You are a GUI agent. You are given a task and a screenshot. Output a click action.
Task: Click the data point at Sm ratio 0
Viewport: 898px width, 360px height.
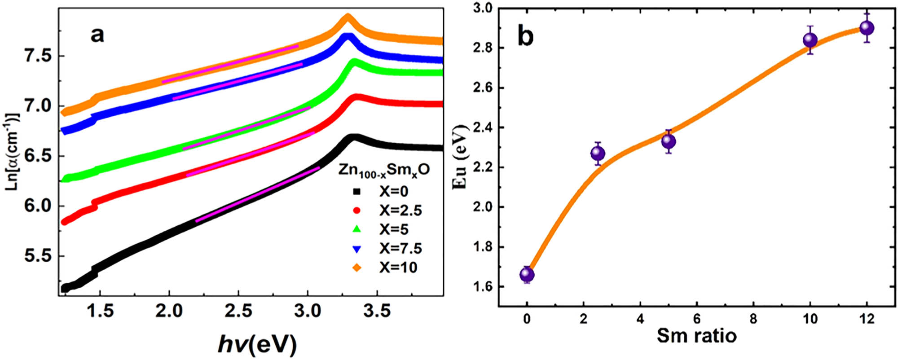(x=527, y=274)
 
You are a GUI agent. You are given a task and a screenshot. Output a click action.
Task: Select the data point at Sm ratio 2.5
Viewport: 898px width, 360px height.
(x=598, y=154)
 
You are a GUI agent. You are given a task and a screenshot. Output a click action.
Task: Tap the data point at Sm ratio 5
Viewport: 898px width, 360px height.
(x=669, y=141)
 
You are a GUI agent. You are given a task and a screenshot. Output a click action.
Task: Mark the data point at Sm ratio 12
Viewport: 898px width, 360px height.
(x=867, y=28)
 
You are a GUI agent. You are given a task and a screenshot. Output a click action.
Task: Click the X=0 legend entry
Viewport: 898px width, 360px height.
(x=386, y=192)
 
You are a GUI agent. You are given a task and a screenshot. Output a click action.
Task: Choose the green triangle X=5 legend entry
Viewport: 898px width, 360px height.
(x=386, y=229)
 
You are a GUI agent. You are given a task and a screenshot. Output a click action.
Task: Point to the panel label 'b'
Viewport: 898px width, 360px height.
(x=525, y=36)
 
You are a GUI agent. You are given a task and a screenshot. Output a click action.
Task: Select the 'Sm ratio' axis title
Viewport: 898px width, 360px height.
(x=696, y=335)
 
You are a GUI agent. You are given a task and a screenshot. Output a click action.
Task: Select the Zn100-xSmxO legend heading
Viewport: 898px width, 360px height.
(x=383, y=170)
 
